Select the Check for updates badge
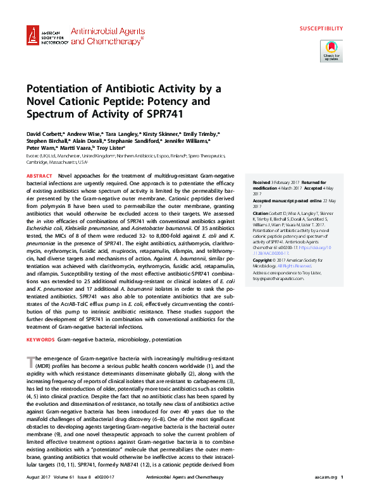331,50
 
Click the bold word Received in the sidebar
261,181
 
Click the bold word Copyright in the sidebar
264,260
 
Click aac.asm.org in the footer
323,477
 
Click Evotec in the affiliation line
34,155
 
